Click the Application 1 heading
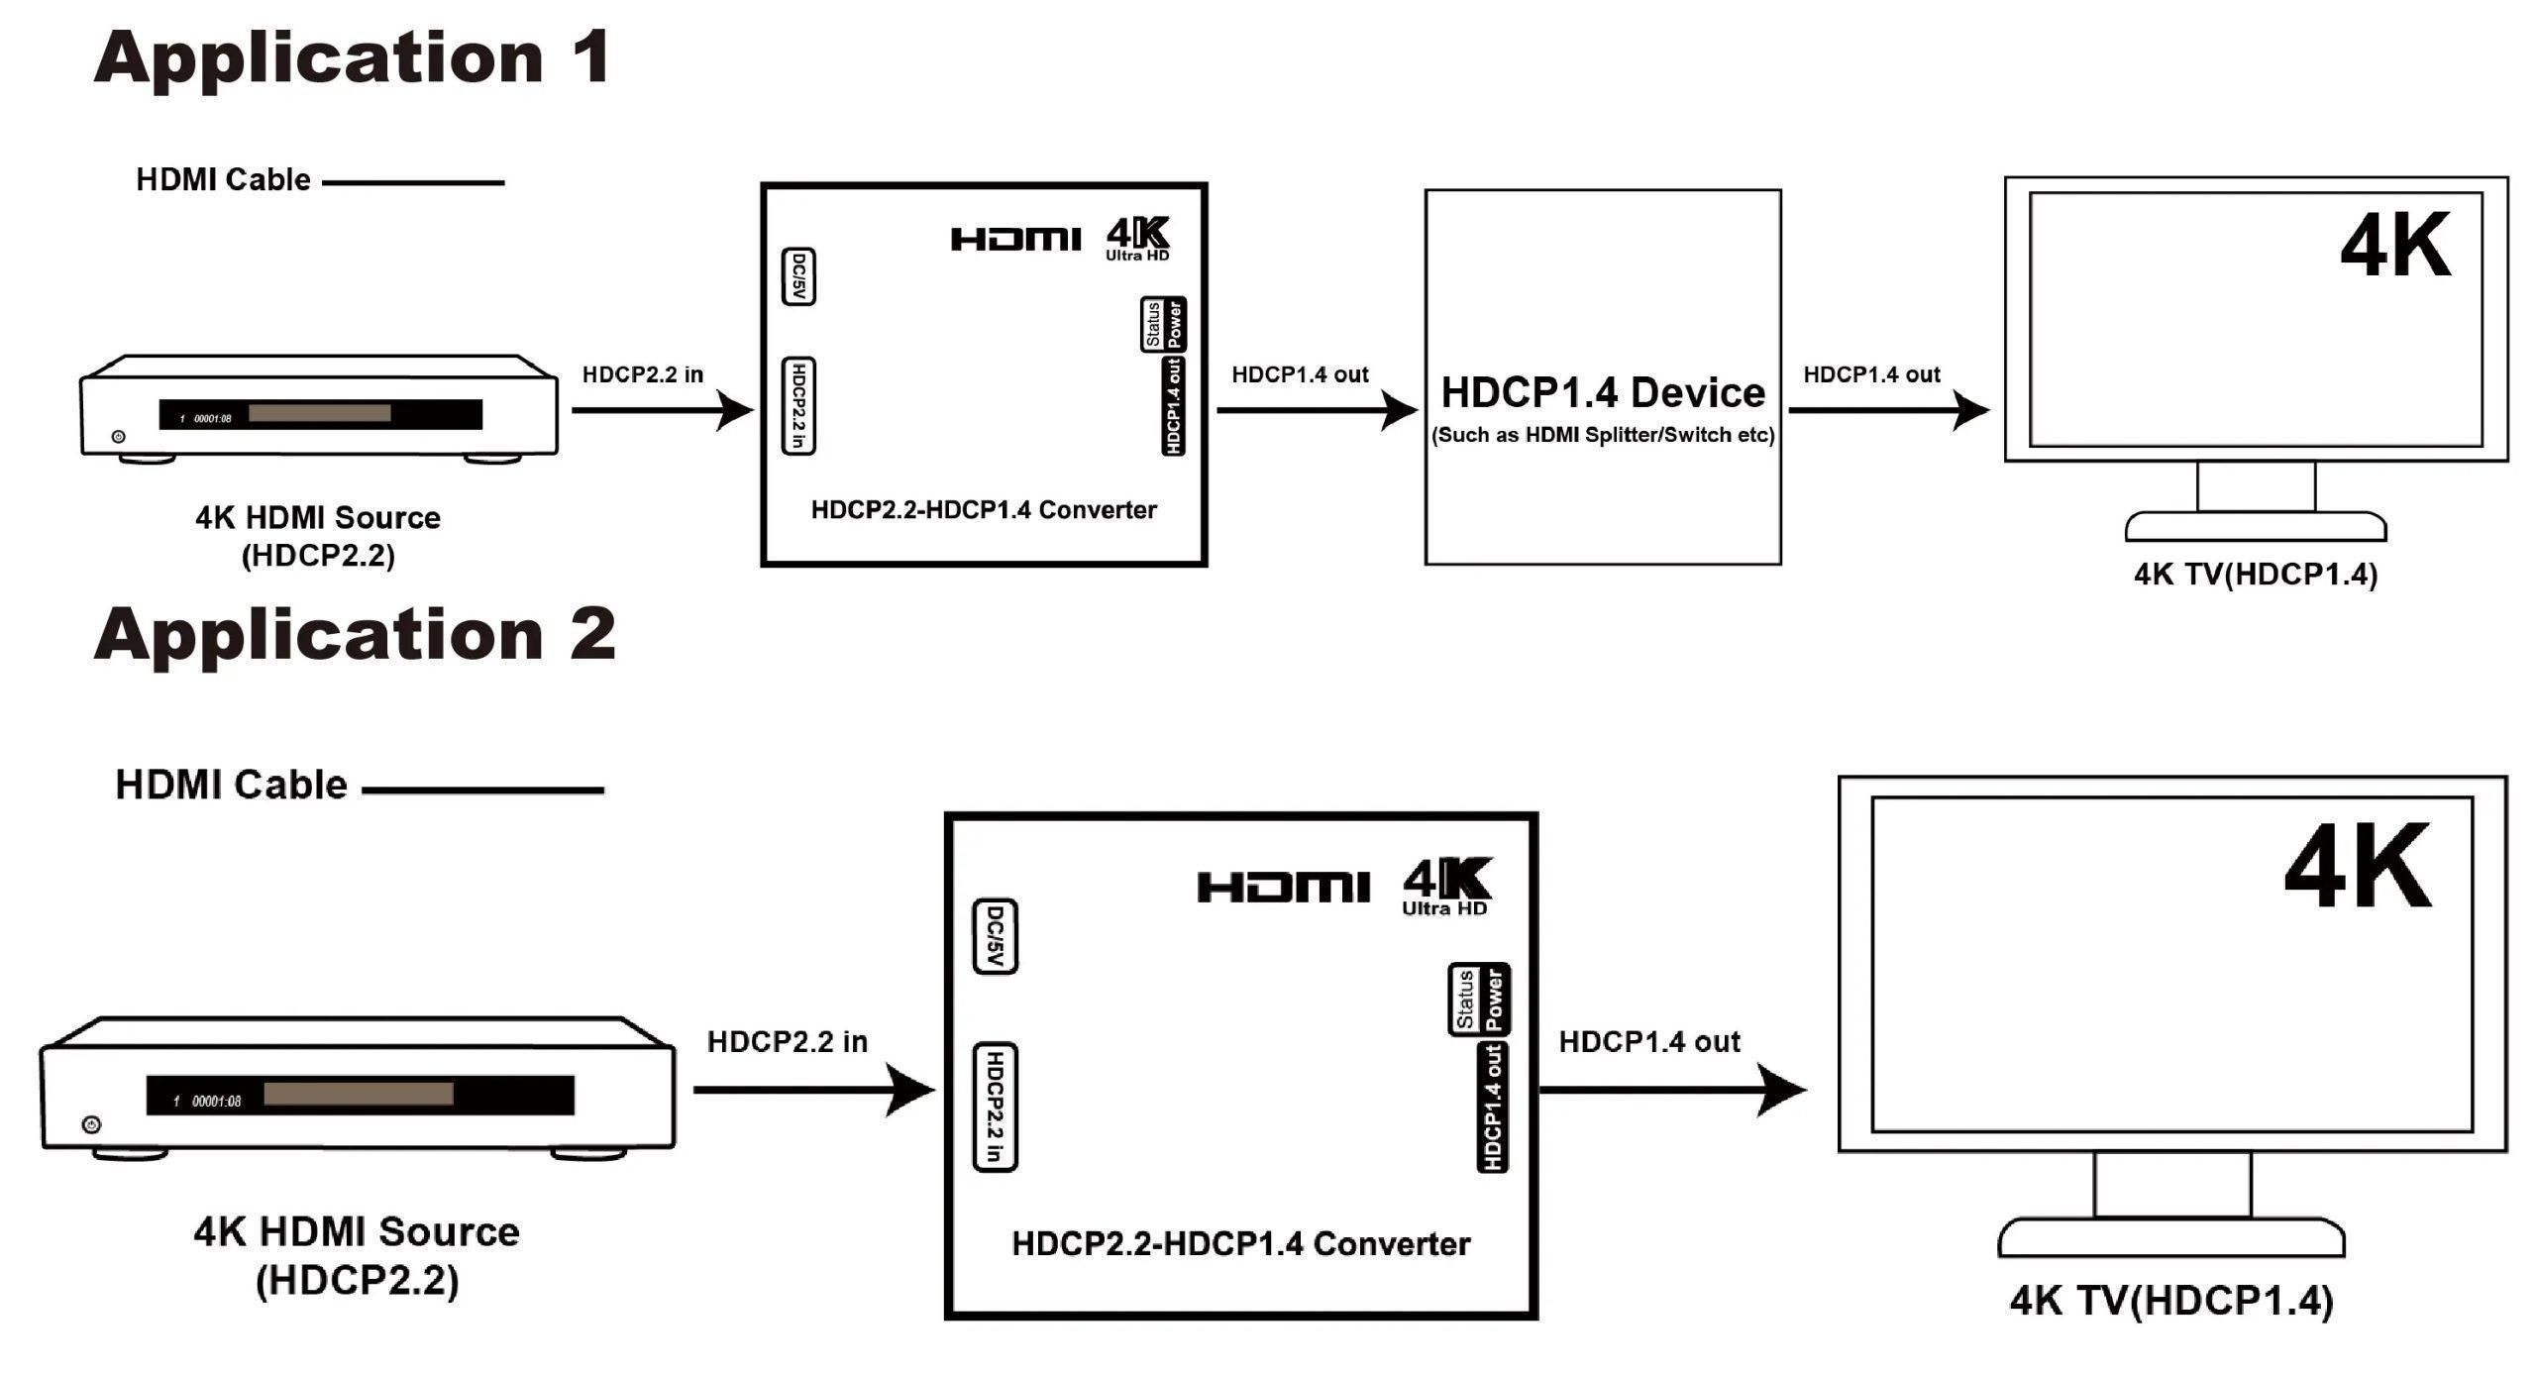pyautogui.click(x=352, y=57)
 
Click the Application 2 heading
pyautogui.click(x=355, y=634)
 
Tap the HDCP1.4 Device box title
pyautogui.click(x=1602, y=393)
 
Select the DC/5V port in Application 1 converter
pyautogui.click(x=798, y=276)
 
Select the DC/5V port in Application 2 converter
pyautogui.click(x=996, y=937)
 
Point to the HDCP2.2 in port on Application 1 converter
pyautogui.click(x=798, y=406)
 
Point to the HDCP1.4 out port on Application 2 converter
pyautogui.click(x=1493, y=1106)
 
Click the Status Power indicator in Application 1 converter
pyautogui.click(x=1163, y=324)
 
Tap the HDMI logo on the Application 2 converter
pyautogui.click(x=1283, y=887)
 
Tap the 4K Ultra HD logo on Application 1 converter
pyautogui.click(x=1137, y=239)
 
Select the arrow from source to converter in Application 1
pyautogui.click(x=662, y=409)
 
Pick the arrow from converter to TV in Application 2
pyautogui.click(x=1672, y=1090)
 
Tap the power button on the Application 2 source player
pyautogui.click(x=92, y=1124)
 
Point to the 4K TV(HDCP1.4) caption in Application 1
pyautogui.click(x=2255, y=575)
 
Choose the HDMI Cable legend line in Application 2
pyautogui.click(x=482, y=791)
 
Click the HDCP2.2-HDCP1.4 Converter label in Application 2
pyautogui.click(x=1240, y=1244)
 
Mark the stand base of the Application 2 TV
pyautogui.click(x=2171, y=1239)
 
